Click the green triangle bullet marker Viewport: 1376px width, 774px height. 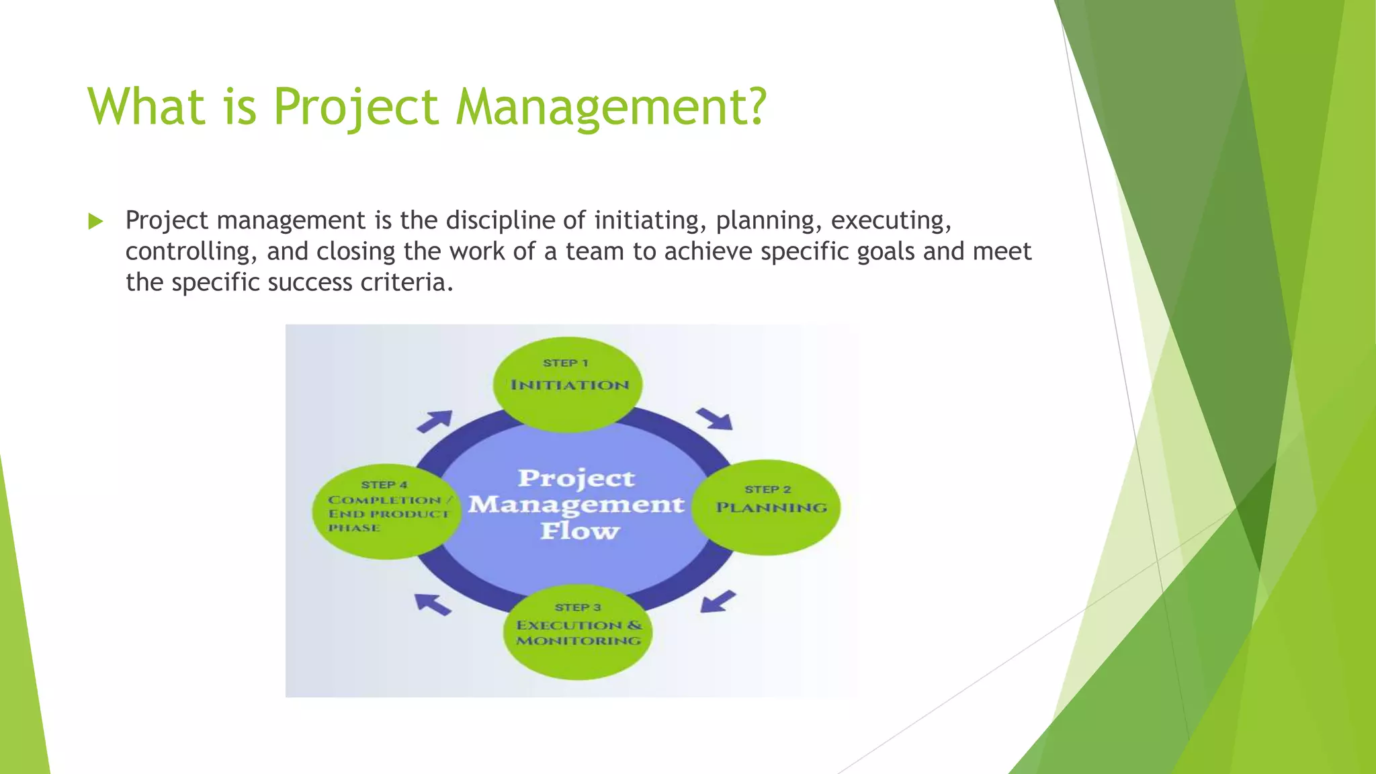coord(96,221)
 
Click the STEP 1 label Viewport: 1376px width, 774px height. coord(566,363)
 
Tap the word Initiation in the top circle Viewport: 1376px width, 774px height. coord(570,385)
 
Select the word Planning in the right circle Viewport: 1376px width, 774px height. coord(771,508)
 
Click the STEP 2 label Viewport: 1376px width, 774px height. coord(768,489)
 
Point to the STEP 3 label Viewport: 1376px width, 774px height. coord(578,607)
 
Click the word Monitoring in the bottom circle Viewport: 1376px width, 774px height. coord(578,640)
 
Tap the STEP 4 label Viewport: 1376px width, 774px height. coord(384,484)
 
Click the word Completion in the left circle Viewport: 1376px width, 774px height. coord(384,500)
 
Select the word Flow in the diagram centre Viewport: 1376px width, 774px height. coord(579,531)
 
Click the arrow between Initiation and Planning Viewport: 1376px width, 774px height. coord(715,419)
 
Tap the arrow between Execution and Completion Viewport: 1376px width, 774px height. coord(432,604)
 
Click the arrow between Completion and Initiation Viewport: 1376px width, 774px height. coord(435,421)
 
